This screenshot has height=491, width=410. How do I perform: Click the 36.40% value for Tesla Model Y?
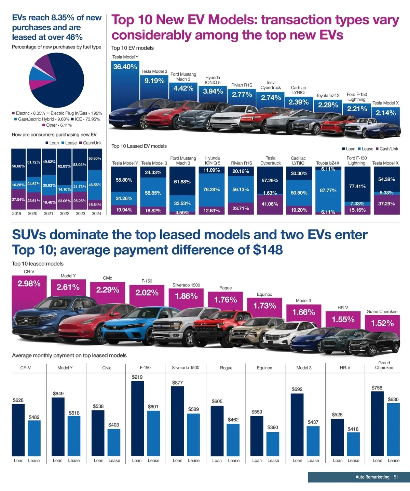[125, 67]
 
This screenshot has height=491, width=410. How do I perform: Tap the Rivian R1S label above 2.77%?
[242, 85]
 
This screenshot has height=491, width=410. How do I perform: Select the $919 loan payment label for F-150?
[137, 377]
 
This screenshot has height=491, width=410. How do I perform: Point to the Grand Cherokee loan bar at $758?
[377, 423]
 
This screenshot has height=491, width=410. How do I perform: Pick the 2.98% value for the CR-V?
[29, 283]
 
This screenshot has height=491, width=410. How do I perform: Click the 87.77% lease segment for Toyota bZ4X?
[328, 190]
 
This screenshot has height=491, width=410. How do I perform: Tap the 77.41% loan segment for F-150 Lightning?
[357, 186]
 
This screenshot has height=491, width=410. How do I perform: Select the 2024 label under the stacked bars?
[96, 213]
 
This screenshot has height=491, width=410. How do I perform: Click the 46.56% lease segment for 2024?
[95, 185]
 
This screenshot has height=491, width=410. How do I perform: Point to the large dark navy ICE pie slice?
[65, 82]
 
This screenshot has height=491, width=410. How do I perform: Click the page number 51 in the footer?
[396, 477]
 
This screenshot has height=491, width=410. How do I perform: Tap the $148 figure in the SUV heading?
[268, 250]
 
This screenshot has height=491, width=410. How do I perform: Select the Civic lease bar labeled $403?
[114, 442]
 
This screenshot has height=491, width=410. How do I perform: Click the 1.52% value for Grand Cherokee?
[382, 323]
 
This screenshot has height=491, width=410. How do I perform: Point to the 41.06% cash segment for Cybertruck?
[270, 204]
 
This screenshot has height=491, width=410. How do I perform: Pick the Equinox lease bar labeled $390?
[273, 444]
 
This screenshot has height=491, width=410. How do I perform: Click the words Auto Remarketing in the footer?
[372, 477]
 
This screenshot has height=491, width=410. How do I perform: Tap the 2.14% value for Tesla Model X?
[386, 113]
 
